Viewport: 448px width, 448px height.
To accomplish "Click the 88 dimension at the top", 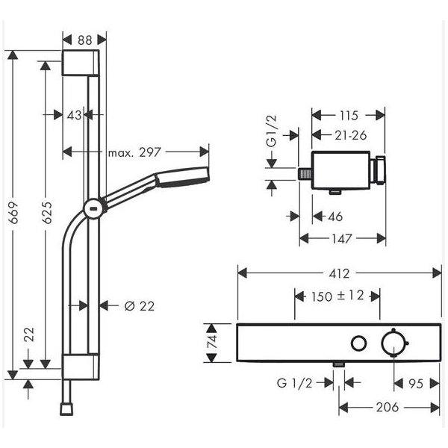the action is pyautogui.click(x=85, y=40).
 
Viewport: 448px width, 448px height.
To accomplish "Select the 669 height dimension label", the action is pyautogui.click(x=13, y=213).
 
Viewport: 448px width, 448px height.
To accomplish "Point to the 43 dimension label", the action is pyautogui.click(x=74, y=115).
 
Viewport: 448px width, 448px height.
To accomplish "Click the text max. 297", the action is pyautogui.click(x=134, y=152).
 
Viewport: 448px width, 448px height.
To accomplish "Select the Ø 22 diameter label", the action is pyautogui.click(x=140, y=306).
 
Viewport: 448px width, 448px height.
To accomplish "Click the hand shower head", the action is pyautogui.click(x=182, y=177).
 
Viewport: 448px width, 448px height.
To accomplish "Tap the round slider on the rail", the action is pyautogui.click(x=94, y=208).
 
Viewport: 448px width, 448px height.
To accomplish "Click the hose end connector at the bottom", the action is pyautogui.click(x=66, y=409).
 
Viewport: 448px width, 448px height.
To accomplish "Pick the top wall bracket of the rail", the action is pyautogui.click(x=81, y=63).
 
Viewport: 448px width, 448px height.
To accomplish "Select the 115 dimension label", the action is pyautogui.click(x=349, y=116).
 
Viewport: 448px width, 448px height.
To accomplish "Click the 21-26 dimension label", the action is pyautogui.click(x=351, y=135).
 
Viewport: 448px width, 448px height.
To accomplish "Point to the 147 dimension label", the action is pyautogui.click(x=342, y=238).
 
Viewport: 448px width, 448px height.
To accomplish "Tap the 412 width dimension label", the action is pyautogui.click(x=339, y=274).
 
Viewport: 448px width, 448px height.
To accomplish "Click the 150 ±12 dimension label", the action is pyautogui.click(x=337, y=296).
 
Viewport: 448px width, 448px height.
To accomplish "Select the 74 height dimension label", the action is pyautogui.click(x=213, y=341).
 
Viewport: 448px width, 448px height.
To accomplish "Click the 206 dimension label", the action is pyautogui.click(x=387, y=407).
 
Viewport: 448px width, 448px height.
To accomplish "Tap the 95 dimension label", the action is pyautogui.click(x=416, y=384).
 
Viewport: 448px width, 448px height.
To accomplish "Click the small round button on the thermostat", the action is pyautogui.click(x=359, y=343).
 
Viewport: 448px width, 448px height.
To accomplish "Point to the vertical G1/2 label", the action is pyautogui.click(x=272, y=131).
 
